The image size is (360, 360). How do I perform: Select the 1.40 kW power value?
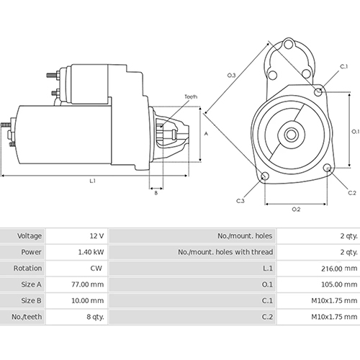(91, 253)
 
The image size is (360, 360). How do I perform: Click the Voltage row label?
(30, 235)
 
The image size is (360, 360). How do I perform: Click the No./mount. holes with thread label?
(225, 253)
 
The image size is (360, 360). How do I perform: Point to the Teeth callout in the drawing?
(190, 96)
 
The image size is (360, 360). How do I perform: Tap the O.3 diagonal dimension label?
(231, 75)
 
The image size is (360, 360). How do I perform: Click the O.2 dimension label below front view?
(296, 189)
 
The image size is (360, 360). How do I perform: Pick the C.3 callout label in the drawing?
(240, 181)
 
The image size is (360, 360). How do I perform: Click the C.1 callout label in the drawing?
(344, 67)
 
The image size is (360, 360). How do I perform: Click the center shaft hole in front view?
(292, 134)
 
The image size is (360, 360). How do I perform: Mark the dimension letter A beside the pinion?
(206, 134)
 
